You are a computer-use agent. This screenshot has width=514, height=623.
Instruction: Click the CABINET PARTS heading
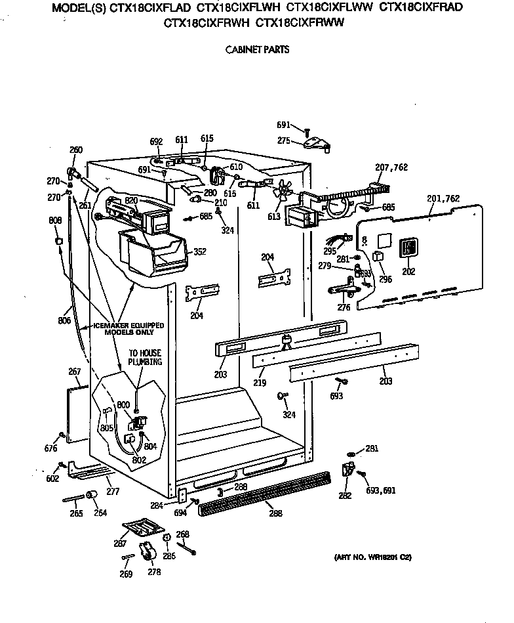pyautogui.click(x=256, y=50)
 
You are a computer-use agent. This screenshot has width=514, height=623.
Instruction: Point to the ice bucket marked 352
pyautogui.click(x=151, y=253)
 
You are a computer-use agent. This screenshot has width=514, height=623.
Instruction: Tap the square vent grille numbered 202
pyautogui.click(x=409, y=248)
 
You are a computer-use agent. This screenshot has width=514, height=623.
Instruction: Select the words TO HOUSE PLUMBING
pyautogui.click(x=144, y=358)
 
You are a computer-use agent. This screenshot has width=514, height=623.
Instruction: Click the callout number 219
pyautogui.click(x=260, y=381)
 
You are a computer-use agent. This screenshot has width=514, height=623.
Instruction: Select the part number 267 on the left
pyautogui.click(x=74, y=372)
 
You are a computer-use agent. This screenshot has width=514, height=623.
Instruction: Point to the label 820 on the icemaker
pyautogui.click(x=130, y=200)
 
